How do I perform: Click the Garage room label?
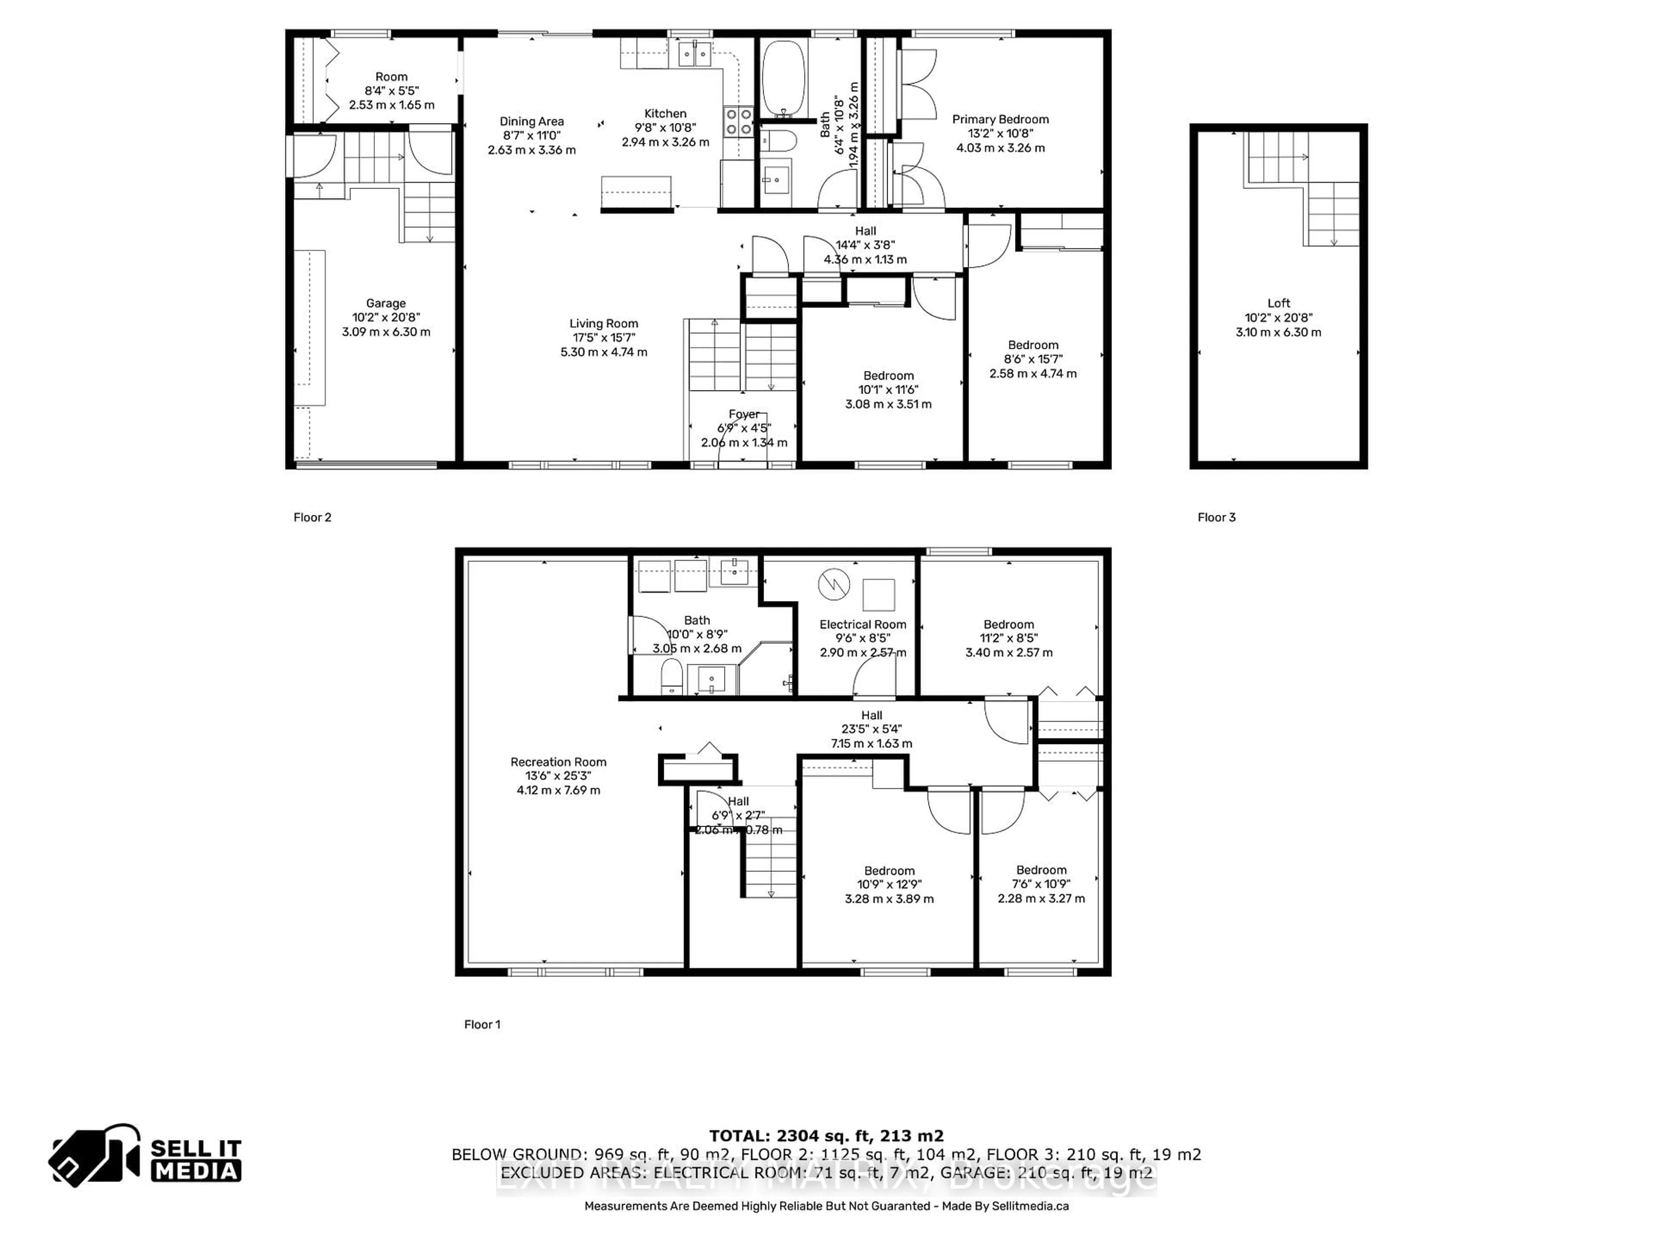click(386, 304)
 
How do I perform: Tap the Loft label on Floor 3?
click(1278, 304)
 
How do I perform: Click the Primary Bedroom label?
click(1000, 120)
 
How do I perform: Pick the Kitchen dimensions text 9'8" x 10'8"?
click(665, 128)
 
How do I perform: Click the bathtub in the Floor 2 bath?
click(783, 77)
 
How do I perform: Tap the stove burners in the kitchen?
click(738, 122)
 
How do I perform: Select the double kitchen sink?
click(694, 55)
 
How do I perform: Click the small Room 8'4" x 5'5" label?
click(392, 77)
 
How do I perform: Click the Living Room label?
click(604, 324)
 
